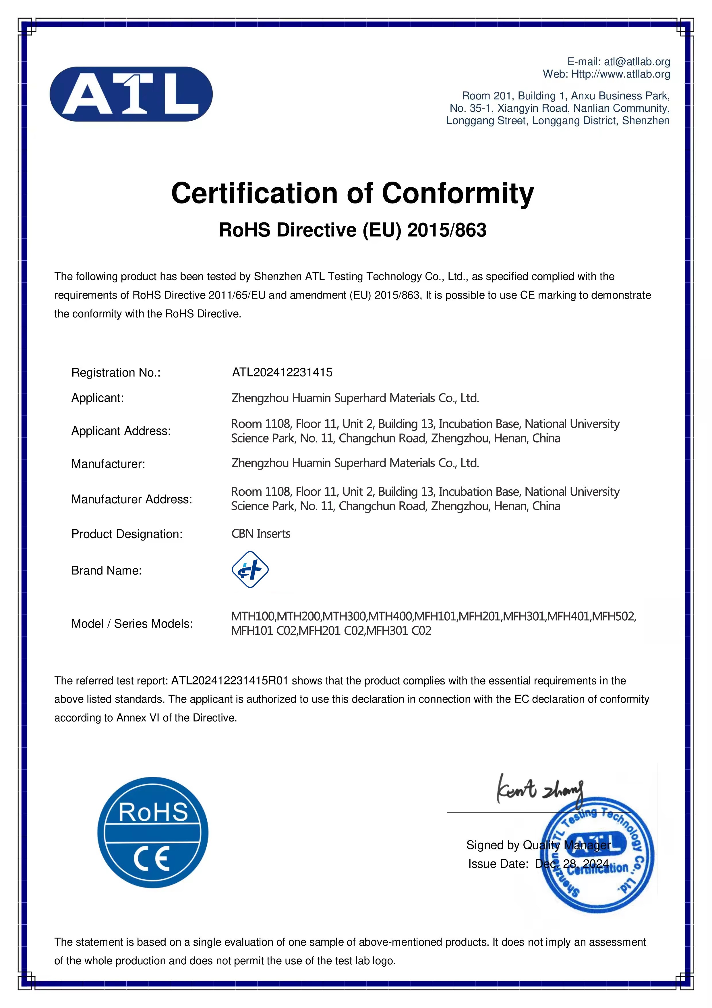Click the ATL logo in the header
[x=131, y=94]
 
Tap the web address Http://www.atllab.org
[x=620, y=74]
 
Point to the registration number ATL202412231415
[x=282, y=372]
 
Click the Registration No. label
[x=116, y=373]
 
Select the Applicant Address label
[x=121, y=431]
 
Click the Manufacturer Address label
[x=131, y=499]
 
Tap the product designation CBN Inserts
[x=261, y=533]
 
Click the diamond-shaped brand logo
[x=250, y=570]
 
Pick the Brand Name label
[x=106, y=570]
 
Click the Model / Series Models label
[x=132, y=624]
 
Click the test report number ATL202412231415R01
[x=229, y=680]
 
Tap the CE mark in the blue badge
[x=152, y=859]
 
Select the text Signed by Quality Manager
[x=538, y=845]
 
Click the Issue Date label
[x=498, y=864]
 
